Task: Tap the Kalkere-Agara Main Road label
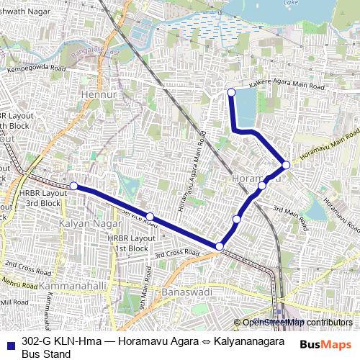click(287, 86)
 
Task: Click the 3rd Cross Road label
click(176, 253)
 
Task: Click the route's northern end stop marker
click(231, 92)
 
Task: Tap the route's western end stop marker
click(73, 186)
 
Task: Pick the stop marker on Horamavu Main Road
click(286, 165)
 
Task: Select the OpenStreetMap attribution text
click(297, 323)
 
